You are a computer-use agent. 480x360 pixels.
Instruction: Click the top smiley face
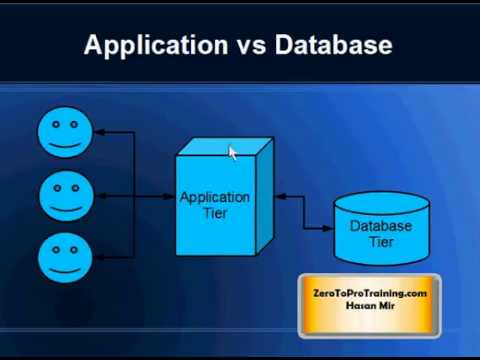(64, 133)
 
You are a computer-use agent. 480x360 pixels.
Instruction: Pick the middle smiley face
(64, 196)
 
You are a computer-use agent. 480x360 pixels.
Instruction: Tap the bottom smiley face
(64, 258)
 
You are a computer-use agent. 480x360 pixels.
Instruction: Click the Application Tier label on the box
(214, 205)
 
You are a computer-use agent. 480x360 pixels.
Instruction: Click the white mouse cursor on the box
(232, 152)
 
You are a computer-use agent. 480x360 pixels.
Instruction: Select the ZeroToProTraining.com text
(370, 292)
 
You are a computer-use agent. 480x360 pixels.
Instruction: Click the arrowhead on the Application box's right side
(279, 197)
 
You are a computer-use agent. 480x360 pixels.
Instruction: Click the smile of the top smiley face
(64, 143)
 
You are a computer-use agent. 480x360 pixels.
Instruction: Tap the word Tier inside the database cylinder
(381, 242)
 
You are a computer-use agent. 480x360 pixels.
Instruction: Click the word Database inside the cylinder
(381, 226)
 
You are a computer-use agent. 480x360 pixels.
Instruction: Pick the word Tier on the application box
(214, 213)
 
